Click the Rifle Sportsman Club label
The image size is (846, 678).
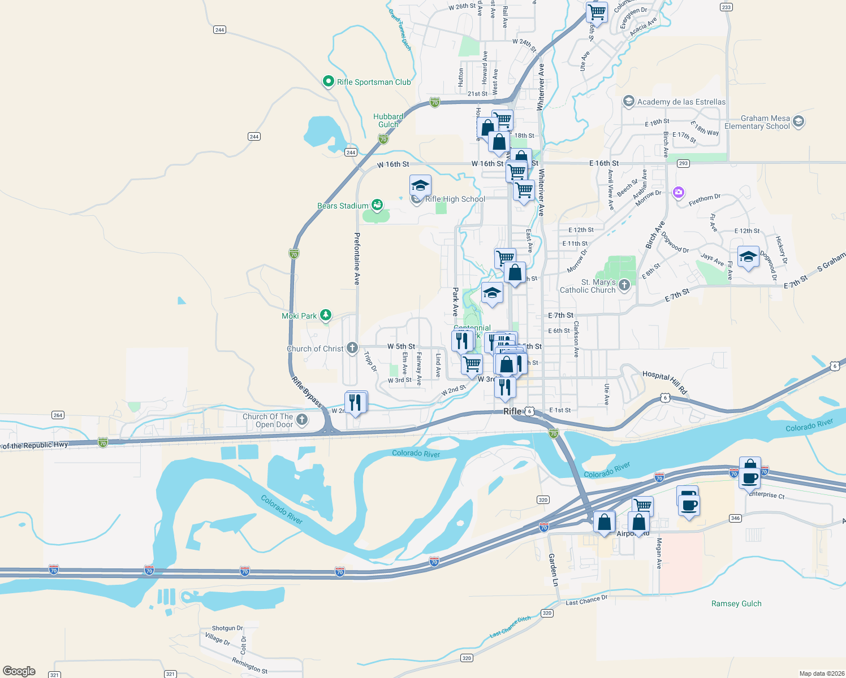pyautogui.click(x=374, y=82)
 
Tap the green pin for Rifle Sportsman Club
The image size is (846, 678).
pyautogui.click(x=328, y=82)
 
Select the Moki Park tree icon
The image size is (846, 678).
pyautogui.click(x=326, y=315)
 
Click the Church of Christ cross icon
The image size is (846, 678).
pyautogui.click(x=352, y=347)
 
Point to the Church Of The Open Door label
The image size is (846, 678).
pyautogui.click(x=268, y=420)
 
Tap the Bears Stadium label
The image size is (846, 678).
pyautogui.click(x=343, y=206)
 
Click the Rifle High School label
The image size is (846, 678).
pyautogui.click(x=455, y=199)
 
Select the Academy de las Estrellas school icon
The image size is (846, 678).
pyautogui.click(x=628, y=101)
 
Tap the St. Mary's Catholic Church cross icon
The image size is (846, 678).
pyautogui.click(x=624, y=285)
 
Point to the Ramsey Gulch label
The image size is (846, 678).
pyautogui.click(x=736, y=603)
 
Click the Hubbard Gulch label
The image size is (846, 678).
pyautogui.click(x=388, y=120)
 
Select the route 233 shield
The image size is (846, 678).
pyautogui.click(x=726, y=7)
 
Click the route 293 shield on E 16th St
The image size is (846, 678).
pyautogui.click(x=683, y=163)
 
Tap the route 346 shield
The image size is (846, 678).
pyautogui.click(x=735, y=518)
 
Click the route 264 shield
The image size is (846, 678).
pyautogui.click(x=58, y=415)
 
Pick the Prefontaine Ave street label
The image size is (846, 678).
pyautogui.click(x=357, y=258)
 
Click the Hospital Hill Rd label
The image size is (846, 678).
pyautogui.click(x=664, y=382)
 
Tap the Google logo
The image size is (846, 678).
pyautogui.click(x=19, y=671)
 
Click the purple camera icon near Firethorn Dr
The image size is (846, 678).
pyautogui.click(x=678, y=193)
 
